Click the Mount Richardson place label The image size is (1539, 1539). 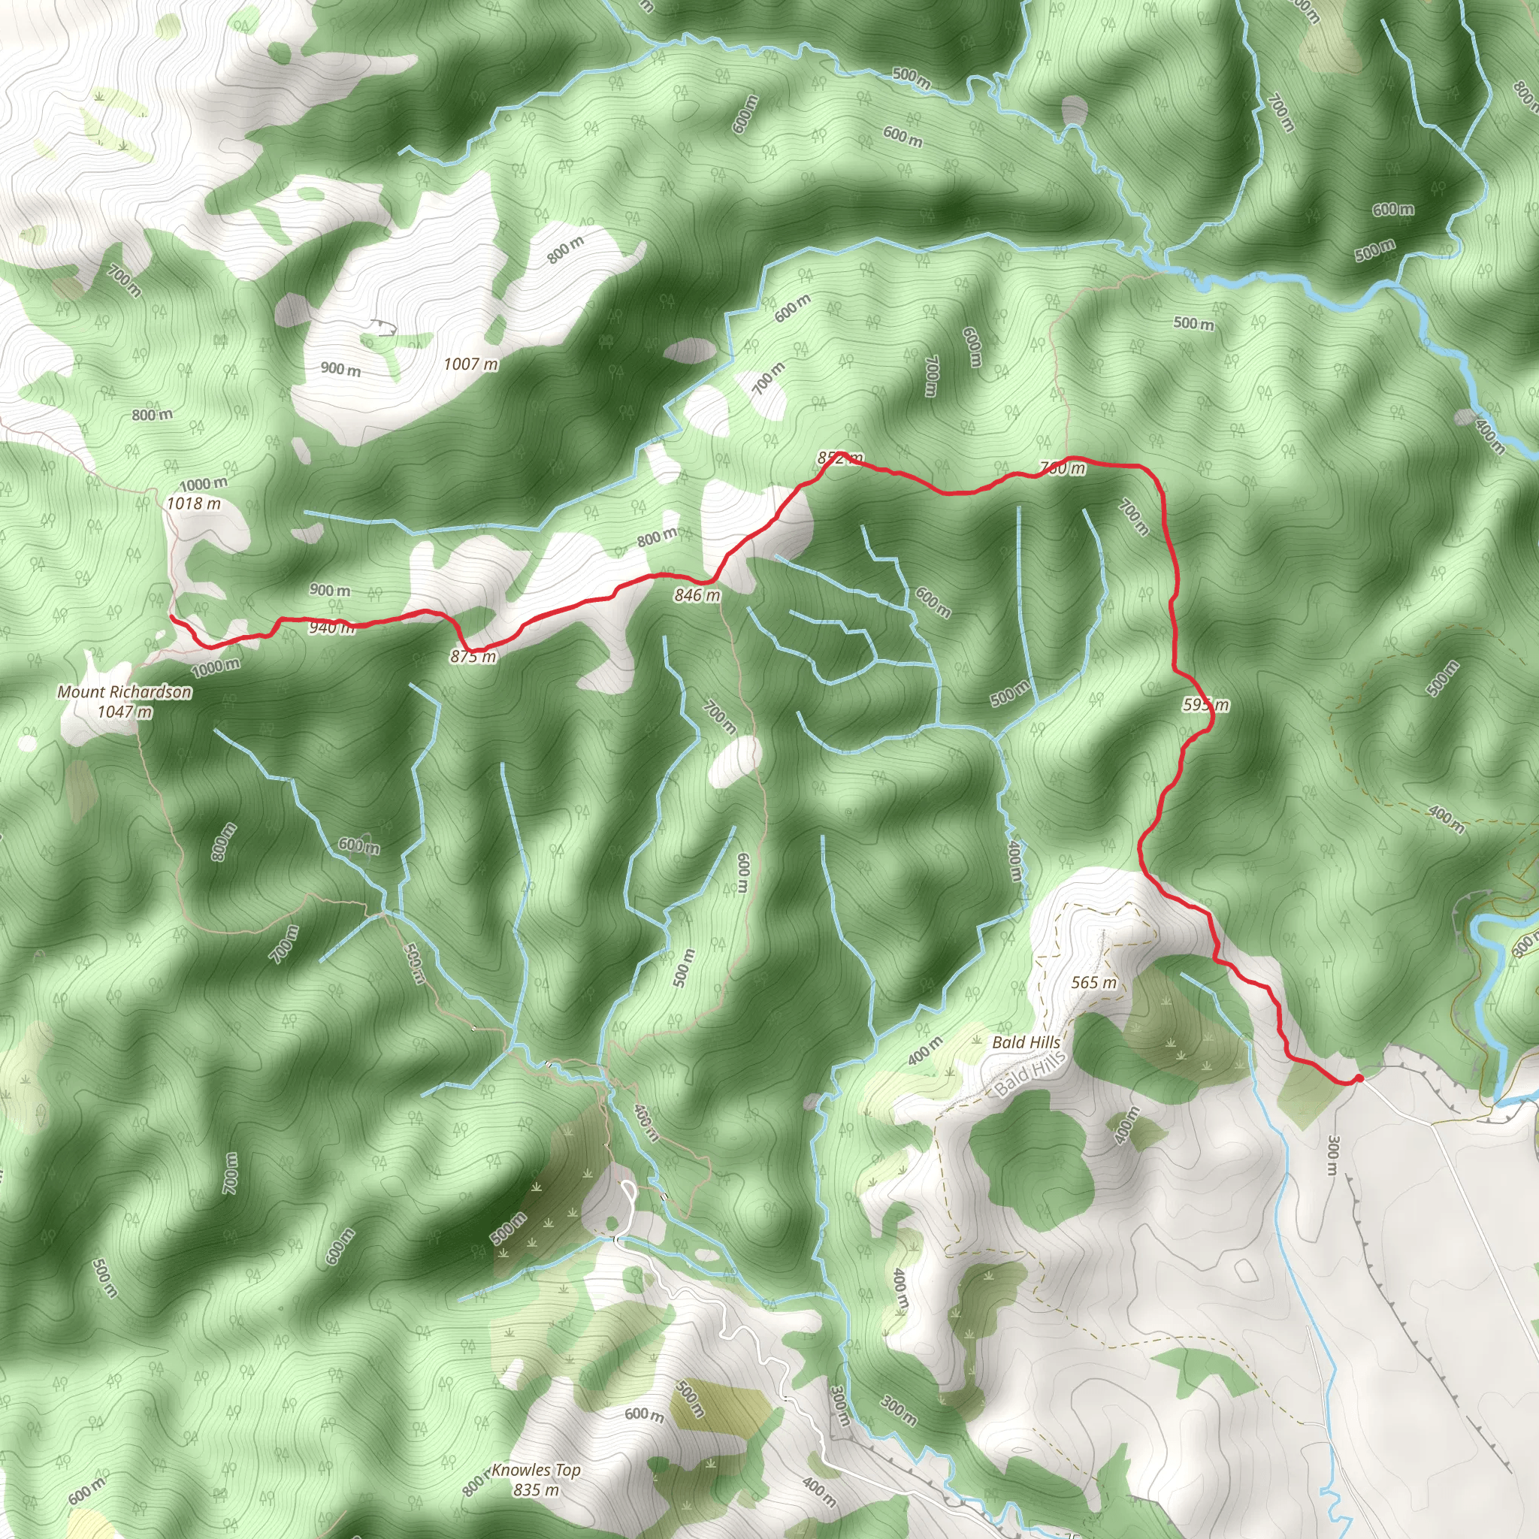[124, 691]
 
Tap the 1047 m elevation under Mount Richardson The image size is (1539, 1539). [124, 712]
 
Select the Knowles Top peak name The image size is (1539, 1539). [536, 1470]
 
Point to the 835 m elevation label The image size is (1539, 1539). [536, 1489]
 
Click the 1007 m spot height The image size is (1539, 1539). [470, 364]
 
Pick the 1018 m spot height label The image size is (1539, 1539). [194, 503]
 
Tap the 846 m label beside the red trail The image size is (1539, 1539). [697, 595]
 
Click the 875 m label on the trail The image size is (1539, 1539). [473, 656]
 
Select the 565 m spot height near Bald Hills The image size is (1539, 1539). [1093, 982]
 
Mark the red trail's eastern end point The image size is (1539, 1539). [1359, 1078]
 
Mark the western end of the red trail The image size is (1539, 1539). [171, 615]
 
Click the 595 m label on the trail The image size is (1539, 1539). [1206, 704]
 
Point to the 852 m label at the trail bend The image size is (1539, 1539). [839, 458]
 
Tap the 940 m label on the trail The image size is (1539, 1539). [331, 627]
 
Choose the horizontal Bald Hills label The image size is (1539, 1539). [1026, 1042]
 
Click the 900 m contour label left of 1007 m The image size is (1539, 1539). [341, 369]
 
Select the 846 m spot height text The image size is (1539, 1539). [697, 595]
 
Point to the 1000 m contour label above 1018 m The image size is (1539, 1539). [203, 483]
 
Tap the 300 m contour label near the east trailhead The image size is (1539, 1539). [1332, 1156]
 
